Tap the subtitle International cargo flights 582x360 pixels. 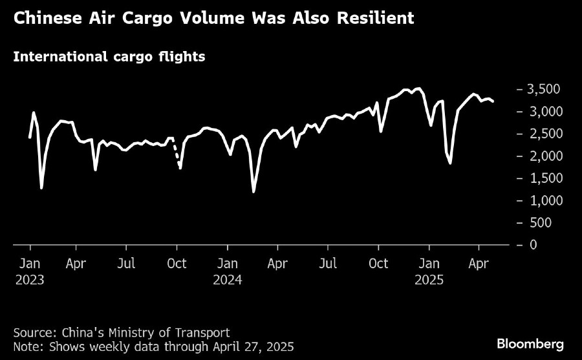109,57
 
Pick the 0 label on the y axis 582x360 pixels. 533,244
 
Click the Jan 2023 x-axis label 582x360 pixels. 30,271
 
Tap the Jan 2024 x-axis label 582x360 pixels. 227,271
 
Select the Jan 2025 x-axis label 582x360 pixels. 429,271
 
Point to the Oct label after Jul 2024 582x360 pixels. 378,264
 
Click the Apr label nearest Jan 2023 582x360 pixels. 76,264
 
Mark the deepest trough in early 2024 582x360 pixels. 253,191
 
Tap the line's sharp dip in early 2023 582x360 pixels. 41,187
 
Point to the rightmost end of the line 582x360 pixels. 493,101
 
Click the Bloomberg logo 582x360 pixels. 530,343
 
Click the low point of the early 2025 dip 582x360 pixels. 450,163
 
